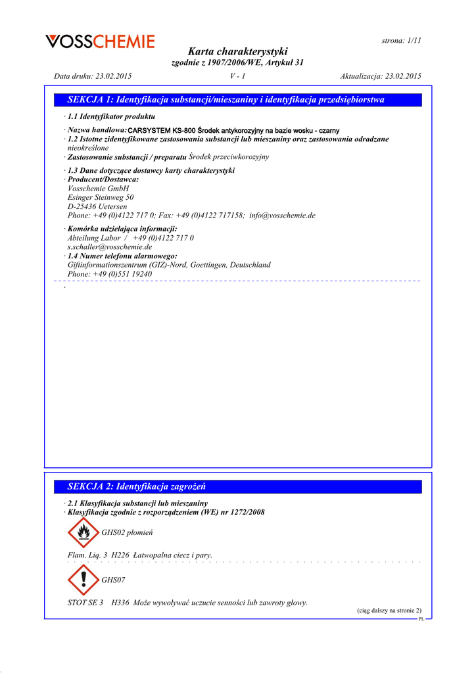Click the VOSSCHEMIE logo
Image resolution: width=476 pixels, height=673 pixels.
[100, 42]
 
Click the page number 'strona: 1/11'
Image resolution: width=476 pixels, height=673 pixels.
[401, 40]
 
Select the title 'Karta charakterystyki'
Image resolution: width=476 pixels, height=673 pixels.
[237, 51]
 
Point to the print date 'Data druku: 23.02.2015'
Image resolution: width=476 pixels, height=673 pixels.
[93, 76]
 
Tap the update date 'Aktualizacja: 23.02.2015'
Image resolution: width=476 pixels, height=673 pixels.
[381, 76]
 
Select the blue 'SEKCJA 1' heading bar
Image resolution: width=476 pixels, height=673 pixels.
[237, 100]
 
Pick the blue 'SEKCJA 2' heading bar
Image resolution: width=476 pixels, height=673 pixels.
[237, 487]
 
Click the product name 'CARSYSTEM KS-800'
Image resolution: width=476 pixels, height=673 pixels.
[162, 131]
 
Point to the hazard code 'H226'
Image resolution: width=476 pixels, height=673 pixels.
[120, 555]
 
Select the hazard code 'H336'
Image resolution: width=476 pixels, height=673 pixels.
[120, 603]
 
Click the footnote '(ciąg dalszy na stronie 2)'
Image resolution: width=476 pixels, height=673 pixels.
[389, 611]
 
